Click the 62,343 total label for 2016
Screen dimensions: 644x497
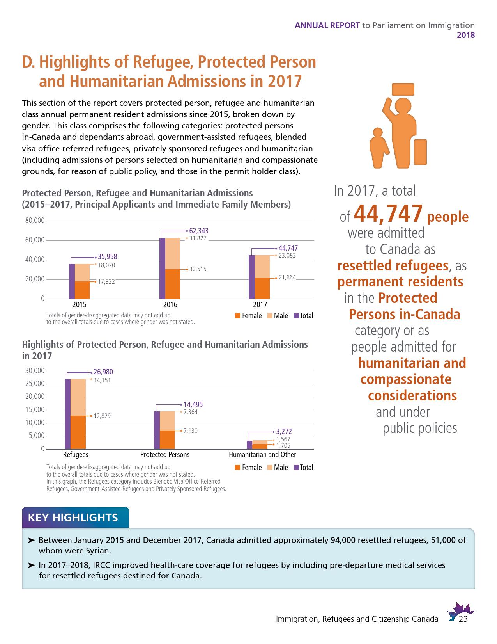(x=199, y=231)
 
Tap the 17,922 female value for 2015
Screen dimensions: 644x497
(x=106, y=281)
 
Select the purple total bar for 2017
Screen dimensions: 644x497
(x=251, y=277)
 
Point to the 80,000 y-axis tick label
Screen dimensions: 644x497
(x=35, y=221)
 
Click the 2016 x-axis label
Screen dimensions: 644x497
(x=170, y=305)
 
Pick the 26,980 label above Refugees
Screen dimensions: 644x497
(x=103, y=372)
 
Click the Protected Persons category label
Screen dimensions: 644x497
(x=165, y=455)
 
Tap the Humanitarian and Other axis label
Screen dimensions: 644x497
(x=262, y=455)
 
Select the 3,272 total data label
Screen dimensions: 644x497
(x=284, y=432)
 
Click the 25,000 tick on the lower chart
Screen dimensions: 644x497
(x=35, y=384)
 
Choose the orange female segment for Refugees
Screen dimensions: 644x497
(x=78, y=432)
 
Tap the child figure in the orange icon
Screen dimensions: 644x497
(x=378, y=146)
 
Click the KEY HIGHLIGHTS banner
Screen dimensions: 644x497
(x=73, y=518)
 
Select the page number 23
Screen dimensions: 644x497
(x=463, y=619)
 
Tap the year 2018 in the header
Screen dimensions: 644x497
(x=466, y=35)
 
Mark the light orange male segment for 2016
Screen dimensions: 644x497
(x=173, y=254)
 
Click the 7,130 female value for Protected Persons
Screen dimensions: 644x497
(x=190, y=431)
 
